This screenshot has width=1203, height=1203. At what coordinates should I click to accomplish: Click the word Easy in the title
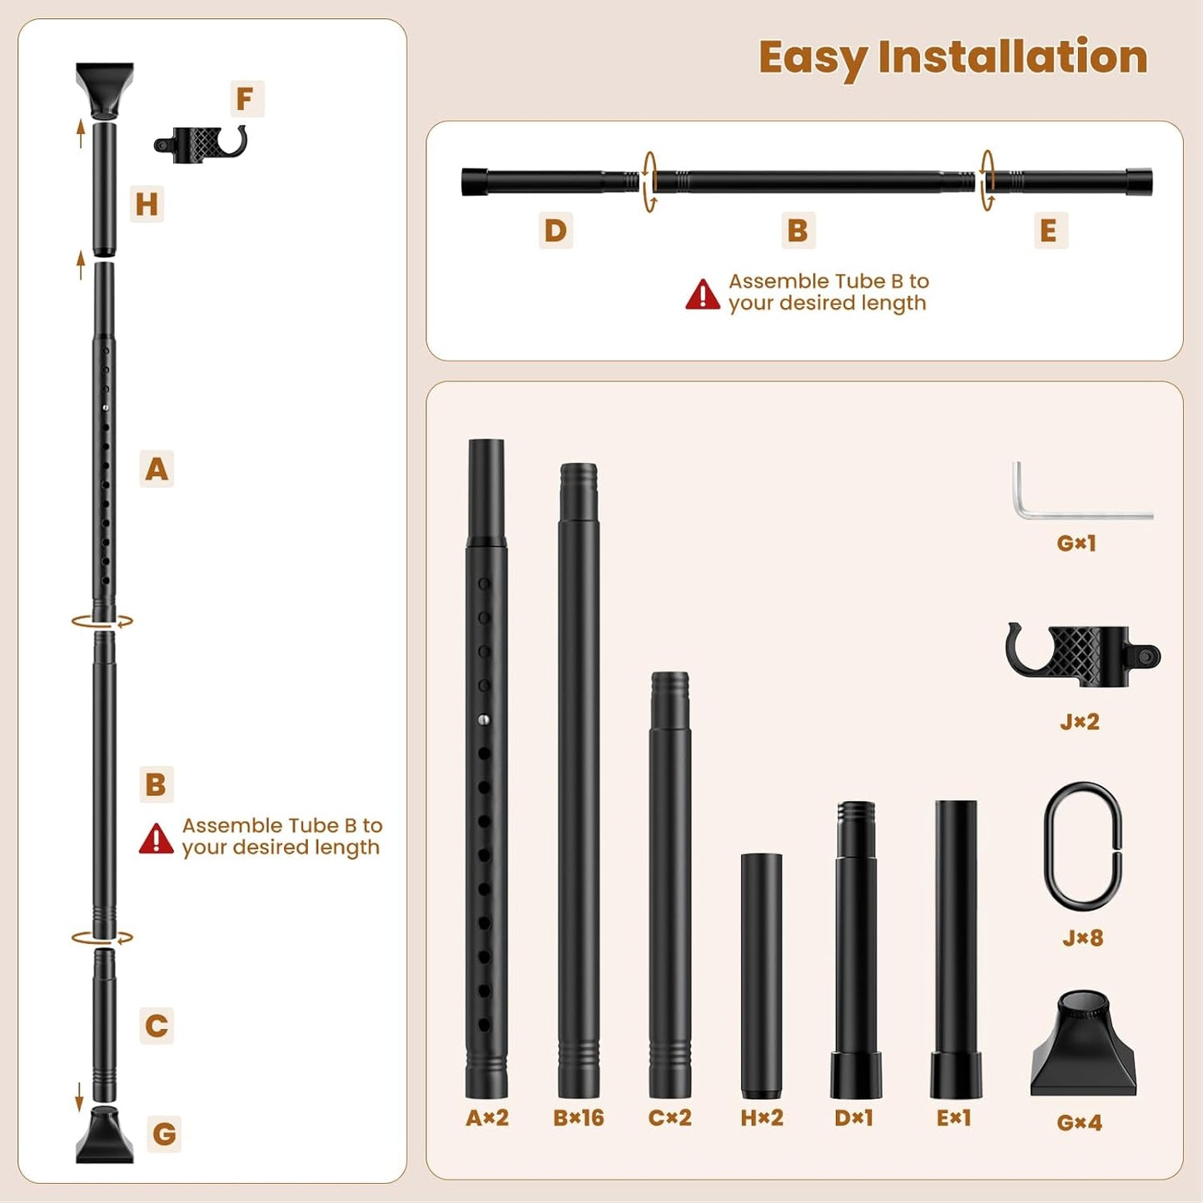pyautogui.click(x=813, y=58)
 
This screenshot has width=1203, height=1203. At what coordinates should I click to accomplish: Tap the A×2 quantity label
pyautogui.click(x=487, y=1117)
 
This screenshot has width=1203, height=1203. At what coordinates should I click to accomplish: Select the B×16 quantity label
pyautogui.click(x=579, y=1117)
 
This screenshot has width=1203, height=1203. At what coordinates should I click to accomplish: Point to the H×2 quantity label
pyautogui.click(x=762, y=1117)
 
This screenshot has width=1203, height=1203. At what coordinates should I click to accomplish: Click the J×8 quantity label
pyautogui.click(x=1082, y=938)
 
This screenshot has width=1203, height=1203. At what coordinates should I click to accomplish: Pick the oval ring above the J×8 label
pyautogui.click(x=1082, y=847)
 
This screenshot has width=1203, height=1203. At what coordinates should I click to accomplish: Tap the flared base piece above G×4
pyautogui.click(x=1083, y=1044)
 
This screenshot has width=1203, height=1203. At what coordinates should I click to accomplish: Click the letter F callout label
pyautogui.click(x=245, y=99)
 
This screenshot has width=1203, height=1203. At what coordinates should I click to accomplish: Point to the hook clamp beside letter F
pyautogui.click(x=201, y=144)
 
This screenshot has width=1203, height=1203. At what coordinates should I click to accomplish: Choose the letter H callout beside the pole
pyautogui.click(x=147, y=204)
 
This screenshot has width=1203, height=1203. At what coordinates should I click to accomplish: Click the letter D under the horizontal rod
pyautogui.click(x=555, y=231)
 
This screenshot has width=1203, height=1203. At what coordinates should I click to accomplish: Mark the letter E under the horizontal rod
pyautogui.click(x=1048, y=231)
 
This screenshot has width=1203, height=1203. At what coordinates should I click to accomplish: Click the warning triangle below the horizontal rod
pyautogui.click(x=703, y=295)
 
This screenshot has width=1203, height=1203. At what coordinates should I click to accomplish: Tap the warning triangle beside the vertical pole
pyautogui.click(x=156, y=839)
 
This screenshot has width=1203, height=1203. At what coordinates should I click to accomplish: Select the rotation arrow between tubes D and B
pyautogui.click(x=649, y=181)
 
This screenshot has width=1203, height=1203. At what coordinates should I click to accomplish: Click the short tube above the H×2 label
pyautogui.click(x=761, y=974)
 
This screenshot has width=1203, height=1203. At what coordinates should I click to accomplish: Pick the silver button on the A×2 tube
pyautogui.click(x=484, y=720)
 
